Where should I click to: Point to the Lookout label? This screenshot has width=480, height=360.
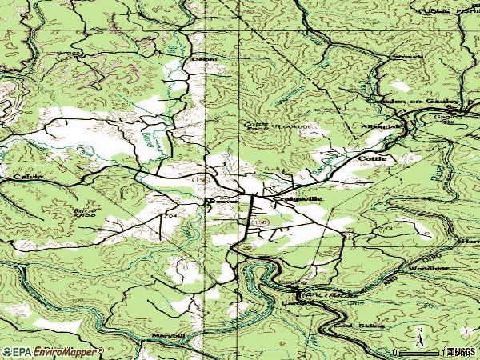[x=293, y=127]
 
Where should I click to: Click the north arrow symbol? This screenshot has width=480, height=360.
[x=419, y=335]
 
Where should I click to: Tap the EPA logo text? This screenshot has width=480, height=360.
[x=17, y=351]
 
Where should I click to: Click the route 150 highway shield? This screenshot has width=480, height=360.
[x=258, y=222]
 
